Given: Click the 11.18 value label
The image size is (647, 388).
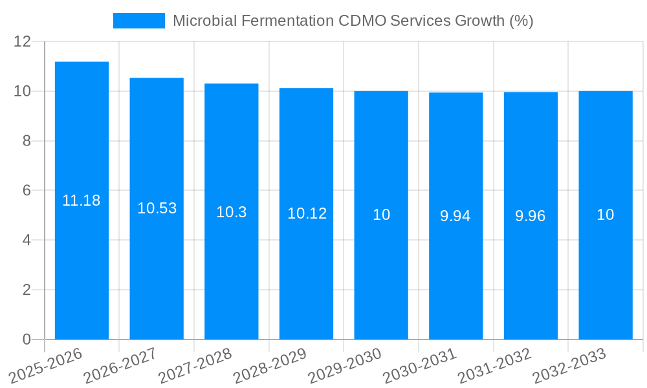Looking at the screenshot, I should pyautogui.click(x=82, y=200).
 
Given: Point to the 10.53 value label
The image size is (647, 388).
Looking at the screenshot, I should pyautogui.click(x=157, y=208).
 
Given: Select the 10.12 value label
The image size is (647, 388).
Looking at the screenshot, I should pyautogui.click(x=307, y=213).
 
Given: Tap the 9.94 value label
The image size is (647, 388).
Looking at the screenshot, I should pyautogui.click(x=455, y=216).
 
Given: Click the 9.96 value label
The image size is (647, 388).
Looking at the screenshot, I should pyautogui.click(x=531, y=216).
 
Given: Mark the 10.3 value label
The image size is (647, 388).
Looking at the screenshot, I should pyautogui.click(x=232, y=212).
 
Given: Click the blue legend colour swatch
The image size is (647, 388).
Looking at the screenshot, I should pyautogui.click(x=139, y=21).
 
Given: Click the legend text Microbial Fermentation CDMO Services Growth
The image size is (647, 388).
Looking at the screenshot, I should pyautogui.click(x=353, y=21).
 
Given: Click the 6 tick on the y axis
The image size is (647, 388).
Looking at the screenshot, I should pyautogui.click(x=27, y=190).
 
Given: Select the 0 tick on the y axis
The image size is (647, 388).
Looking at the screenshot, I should pyautogui.click(x=27, y=339).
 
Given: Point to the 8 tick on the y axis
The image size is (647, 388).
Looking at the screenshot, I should pyautogui.click(x=27, y=141).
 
